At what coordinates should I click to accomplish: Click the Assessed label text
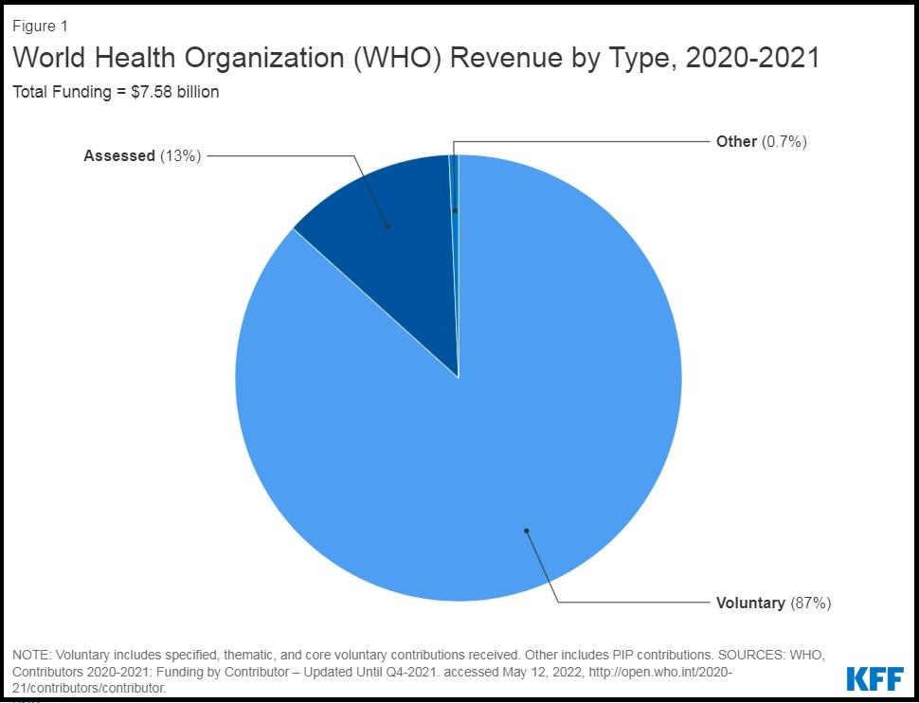coord(118,156)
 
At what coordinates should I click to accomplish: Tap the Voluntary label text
coord(750,603)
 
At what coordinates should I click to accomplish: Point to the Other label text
coord(736,142)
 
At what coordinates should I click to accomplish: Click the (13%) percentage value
coord(180,156)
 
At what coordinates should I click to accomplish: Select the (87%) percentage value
coord(810,603)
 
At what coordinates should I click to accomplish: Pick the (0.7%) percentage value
coord(784,142)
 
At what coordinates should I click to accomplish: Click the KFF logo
coord(874,678)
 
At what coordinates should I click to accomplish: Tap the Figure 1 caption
coord(40,27)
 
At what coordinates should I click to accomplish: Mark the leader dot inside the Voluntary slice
coord(526,531)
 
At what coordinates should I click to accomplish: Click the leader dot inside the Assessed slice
coord(387,226)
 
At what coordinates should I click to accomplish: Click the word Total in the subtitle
coord(30,92)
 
